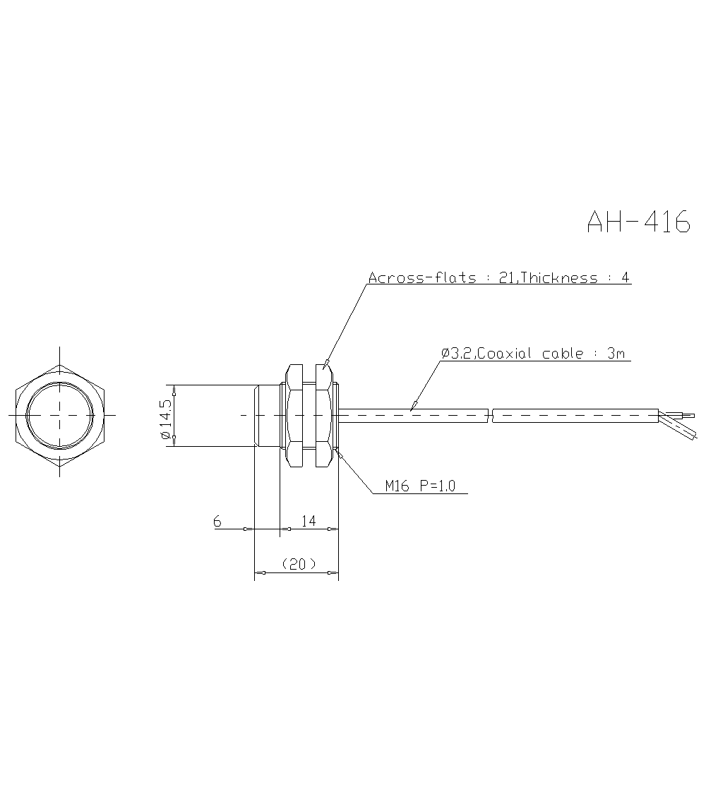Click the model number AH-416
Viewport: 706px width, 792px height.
[x=638, y=222]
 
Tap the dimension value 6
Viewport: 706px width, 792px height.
[x=217, y=521]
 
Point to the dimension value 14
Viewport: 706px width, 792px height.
[x=308, y=521]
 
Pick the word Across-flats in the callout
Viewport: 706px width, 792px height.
[x=422, y=277]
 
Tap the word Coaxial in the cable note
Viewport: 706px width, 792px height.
[x=506, y=354]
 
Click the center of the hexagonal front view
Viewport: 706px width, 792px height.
[x=60, y=416]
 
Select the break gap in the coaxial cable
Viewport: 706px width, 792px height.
[x=490, y=416]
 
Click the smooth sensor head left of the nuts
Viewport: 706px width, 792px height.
[x=267, y=416]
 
